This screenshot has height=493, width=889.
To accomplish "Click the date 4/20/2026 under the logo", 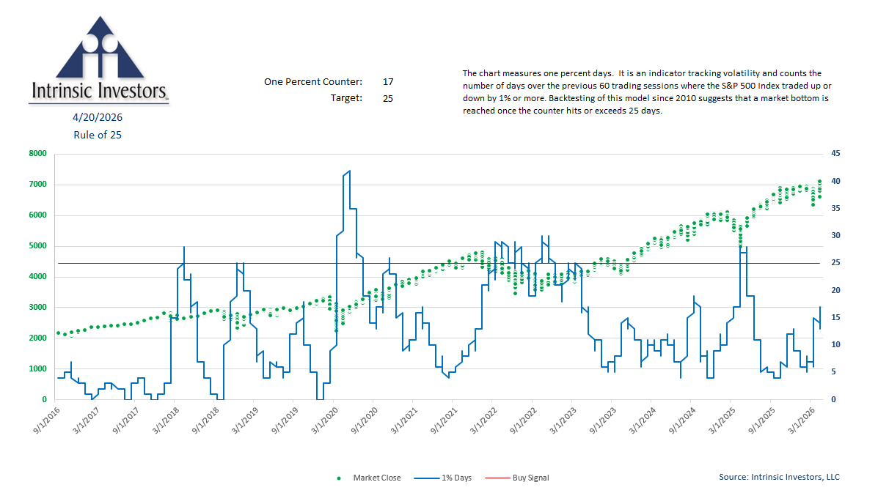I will point(97,117).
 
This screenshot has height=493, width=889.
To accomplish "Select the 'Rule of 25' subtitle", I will point(97,135).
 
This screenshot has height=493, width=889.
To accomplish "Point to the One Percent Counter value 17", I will point(388,81).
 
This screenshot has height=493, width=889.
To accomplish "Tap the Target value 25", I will point(388,97).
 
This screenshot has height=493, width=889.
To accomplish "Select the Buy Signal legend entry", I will point(528,478).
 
